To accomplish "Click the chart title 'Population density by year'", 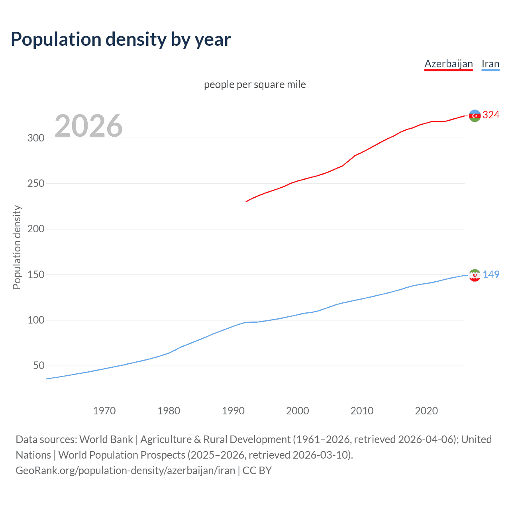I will click(x=121, y=39).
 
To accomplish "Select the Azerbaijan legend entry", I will click(x=448, y=64).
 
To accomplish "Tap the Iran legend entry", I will click(x=490, y=64).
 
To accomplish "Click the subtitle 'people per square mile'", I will click(x=255, y=84).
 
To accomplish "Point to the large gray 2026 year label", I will click(x=88, y=126).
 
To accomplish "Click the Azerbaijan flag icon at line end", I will click(x=474, y=116).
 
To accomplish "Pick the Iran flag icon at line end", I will click(x=474, y=275).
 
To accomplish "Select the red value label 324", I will click(x=491, y=115).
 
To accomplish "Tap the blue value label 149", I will click(x=491, y=275).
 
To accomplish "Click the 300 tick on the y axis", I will click(x=35, y=138).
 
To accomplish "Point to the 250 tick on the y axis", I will click(x=35, y=184).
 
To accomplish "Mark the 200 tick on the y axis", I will click(x=35, y=229).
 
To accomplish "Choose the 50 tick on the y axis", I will click(x=39, y=366).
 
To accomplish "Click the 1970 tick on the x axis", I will click(x=104, y=411).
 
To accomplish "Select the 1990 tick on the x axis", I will click(x=233, y=411).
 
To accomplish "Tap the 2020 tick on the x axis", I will click(x=426, y=411).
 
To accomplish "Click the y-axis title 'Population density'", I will click(x=17, y=247).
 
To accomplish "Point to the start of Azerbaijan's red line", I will click(x=247, y=201).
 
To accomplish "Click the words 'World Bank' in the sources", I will click(x=106, y=439).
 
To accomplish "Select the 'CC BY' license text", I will click(x=257, y=471).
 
